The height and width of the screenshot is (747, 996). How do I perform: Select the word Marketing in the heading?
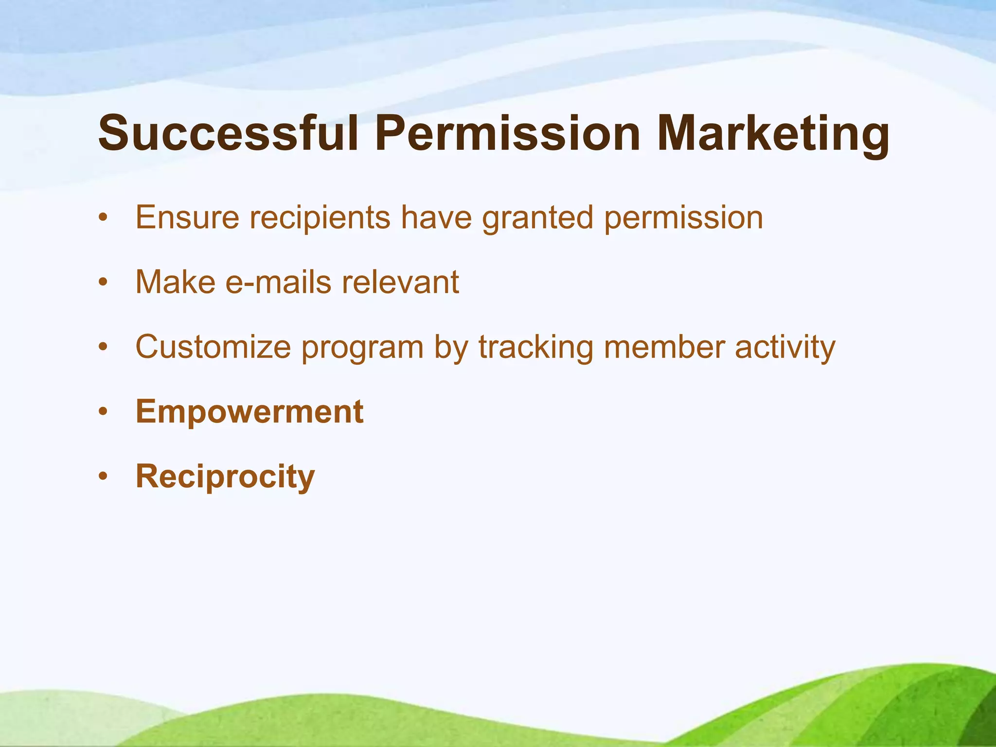[773, 133]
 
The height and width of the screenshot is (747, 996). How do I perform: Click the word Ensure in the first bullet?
[187, 217]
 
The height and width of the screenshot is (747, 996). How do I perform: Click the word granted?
[537, 217]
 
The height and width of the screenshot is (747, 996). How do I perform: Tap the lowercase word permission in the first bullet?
[684, 217]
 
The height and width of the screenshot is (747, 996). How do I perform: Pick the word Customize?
[213, 347]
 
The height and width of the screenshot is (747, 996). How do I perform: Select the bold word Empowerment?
[249, 412]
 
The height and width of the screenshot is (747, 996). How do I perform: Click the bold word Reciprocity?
[225, 477]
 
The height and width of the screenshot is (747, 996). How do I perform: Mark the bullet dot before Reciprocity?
[102, 477]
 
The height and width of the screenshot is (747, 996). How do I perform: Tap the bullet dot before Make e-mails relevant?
[102, 283]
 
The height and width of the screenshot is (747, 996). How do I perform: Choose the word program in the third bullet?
[362, 347]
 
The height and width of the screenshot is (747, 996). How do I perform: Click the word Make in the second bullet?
[175, 282]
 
